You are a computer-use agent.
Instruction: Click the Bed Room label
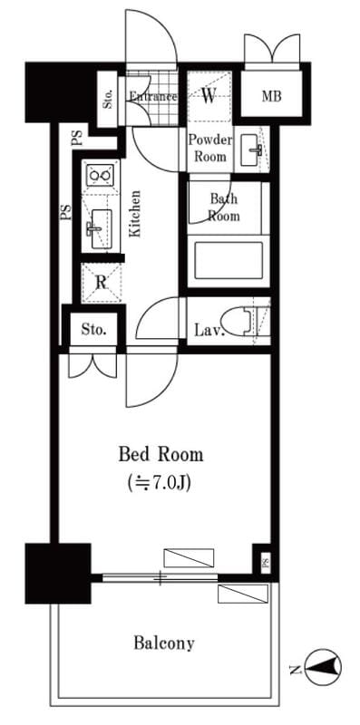[x=161, y=455]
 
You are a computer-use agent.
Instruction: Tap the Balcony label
[x=164, y=643]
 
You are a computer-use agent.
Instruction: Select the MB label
[x=272, y=97]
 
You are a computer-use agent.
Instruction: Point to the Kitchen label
[x=134, y=214]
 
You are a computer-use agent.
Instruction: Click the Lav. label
[x=209, y=331]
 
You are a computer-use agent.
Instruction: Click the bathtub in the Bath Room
[x=229, y=260]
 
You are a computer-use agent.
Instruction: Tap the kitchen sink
[x=101, y=228]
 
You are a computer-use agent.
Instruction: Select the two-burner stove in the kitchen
[x=101, y=175]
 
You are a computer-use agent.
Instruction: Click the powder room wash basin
[x=252, y=150]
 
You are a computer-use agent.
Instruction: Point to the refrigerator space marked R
[x=101, y=283]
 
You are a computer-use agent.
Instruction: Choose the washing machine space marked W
[x=209, y=96]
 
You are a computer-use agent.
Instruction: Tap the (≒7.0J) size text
[x=160, y=483]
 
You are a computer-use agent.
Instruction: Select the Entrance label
[x=152, y=97]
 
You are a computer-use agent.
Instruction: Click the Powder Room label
[x=209, y=148]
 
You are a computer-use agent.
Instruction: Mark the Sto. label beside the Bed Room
[x=94, y=330]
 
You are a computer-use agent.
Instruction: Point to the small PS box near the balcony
[x=265, y=565]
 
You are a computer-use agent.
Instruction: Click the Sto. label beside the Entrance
[x=108, y=100]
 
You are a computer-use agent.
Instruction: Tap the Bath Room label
[x=224, y=208]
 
